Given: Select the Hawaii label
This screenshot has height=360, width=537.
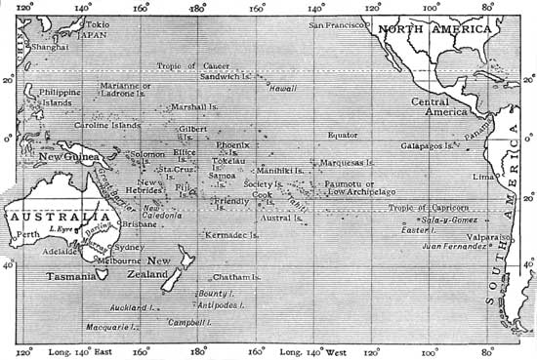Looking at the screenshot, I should coord(282,88).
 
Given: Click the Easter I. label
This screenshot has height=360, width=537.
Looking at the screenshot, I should coord(417,228).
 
